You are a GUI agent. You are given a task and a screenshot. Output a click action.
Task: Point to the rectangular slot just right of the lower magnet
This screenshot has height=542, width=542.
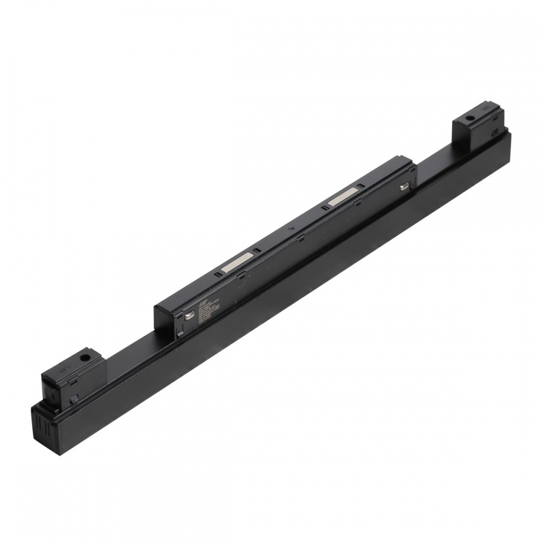(257, 251)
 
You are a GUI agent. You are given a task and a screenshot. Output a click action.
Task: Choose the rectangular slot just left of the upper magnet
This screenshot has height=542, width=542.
(324, 208)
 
